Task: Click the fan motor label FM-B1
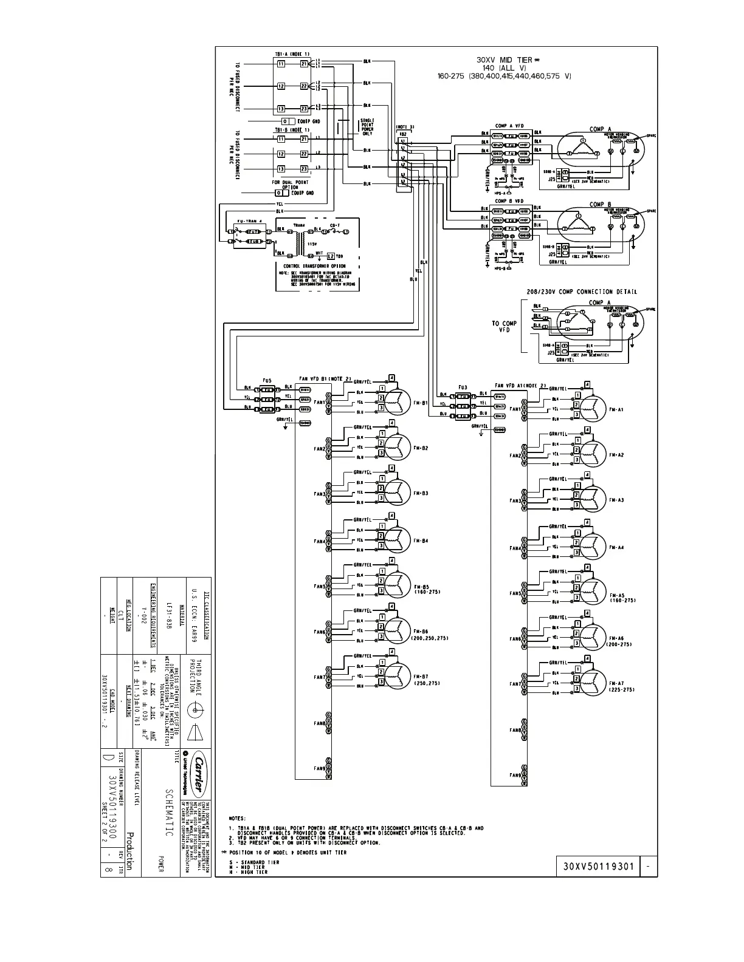[x=421, y=402]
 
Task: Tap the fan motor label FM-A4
[x=616, y=547]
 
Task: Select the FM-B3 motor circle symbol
[x=399, y=491]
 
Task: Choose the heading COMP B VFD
[x=509, y=200]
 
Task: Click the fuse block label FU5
[x=267, y=381]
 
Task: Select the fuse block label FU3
[x=463, y=387]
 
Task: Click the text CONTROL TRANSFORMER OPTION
[x=314, y=266]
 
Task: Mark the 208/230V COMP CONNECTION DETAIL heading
[x=582, y=292]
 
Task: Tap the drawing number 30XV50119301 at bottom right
[x=596, y=866]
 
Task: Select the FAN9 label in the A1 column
[x=515, y=775]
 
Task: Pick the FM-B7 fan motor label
[x=421, y=676]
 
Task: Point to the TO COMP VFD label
[x=504, y=327]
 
